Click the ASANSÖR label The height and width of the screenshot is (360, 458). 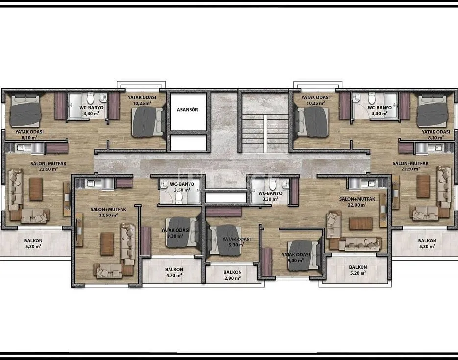pos(188,110)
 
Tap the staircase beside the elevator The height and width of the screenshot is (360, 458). pos(265,133)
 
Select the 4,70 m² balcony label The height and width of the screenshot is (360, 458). pos(174,272)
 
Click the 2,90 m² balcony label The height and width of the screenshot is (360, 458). pos(233,275)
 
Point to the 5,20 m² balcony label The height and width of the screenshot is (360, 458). pos(358,270)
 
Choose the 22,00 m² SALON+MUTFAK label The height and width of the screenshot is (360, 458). pos(357,202)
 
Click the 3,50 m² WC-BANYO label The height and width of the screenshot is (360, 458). pos(182,187)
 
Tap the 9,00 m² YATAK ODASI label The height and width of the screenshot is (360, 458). pos(295,257)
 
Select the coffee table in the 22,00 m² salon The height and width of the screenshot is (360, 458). pos(361,224)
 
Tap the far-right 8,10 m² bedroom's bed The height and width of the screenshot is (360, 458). pos(432,111)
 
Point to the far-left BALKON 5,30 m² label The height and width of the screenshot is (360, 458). pos(33,243)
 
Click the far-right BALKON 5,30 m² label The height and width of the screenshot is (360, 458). pos(427,243)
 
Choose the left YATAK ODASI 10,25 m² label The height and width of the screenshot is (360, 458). pos(142,100)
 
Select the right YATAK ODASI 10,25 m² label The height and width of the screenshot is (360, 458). pos(315,100)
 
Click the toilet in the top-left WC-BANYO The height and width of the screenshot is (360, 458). pos(90,98)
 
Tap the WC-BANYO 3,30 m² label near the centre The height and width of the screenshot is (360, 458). pos(270,196)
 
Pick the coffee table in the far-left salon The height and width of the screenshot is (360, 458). pos(36,189)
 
